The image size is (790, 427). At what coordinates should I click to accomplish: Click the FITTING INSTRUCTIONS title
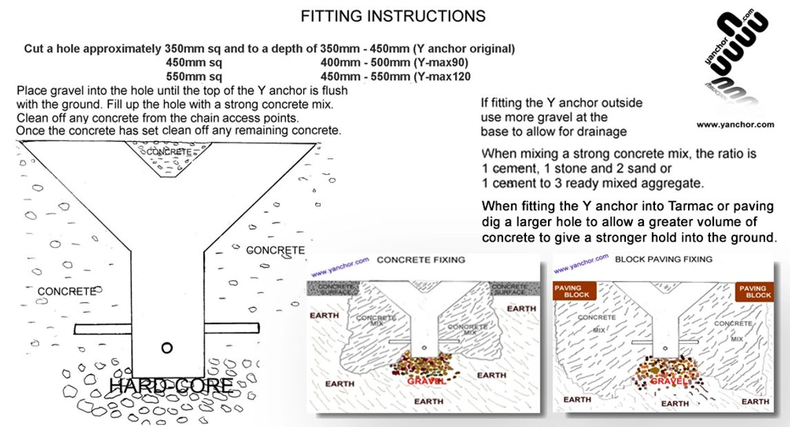pos(394,15)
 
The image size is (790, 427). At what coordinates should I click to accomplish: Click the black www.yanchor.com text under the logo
pos(735,125)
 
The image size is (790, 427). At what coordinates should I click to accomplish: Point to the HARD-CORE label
pos(171,386)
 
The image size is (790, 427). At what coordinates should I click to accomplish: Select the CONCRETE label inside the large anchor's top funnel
pos(169,152)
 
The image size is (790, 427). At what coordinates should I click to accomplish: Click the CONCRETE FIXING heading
pos(421,260)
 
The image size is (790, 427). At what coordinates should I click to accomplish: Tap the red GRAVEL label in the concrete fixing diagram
pos(422,380)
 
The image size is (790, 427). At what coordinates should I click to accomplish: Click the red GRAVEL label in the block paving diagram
pos(668,381)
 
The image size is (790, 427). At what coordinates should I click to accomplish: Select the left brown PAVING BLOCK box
pos(572,291)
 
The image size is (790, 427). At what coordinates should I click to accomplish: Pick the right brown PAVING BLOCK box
pos(753,291)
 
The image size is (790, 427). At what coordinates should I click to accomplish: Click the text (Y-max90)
pos(441,63)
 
